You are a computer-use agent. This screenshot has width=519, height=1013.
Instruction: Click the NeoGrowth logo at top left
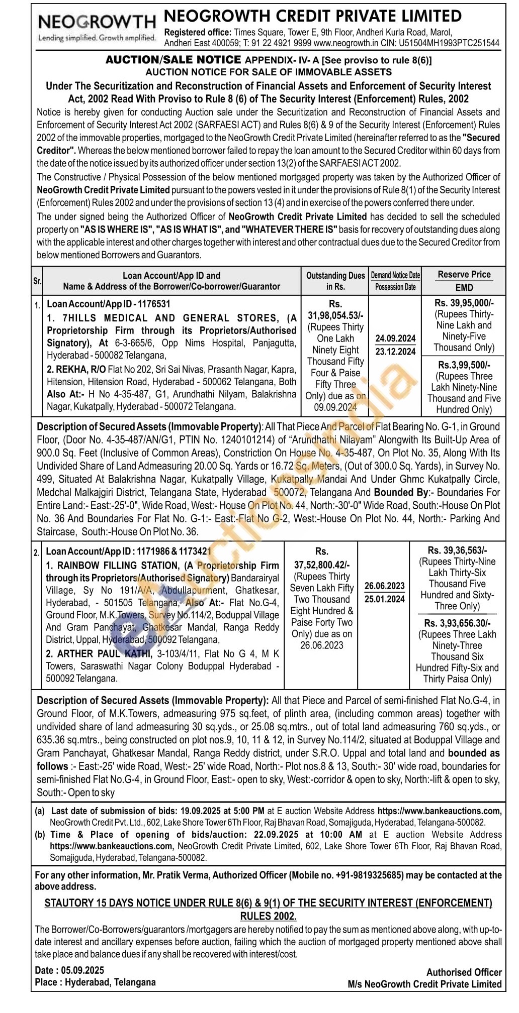pyautogui.click(x=97, y=26)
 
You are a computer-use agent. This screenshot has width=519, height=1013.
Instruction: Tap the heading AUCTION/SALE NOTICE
pyautogui.click(x=173, y=60)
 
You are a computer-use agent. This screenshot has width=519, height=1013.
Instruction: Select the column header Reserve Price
pyautogui.click(x=464, y=274)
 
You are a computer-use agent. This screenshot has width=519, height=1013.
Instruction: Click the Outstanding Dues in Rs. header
pyautogui.click(x=335, y=281)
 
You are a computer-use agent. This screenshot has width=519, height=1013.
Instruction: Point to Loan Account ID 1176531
pyautogui.click(x=109, y=304)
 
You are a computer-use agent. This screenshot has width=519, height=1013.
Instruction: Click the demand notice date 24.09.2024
pyautogui.click(x=395, y=338)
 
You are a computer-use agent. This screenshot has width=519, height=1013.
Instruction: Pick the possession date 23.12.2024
pyautogui.click(x=395, y=351)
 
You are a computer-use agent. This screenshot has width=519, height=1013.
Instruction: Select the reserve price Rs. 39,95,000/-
pyautogui.click(x=464, y=303)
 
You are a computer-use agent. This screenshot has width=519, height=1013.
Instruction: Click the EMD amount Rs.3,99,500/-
pyautogui.click(x=464, y=365)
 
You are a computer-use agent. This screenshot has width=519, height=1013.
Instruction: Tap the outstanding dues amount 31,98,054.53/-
pyautogui.click(x=335, y=315)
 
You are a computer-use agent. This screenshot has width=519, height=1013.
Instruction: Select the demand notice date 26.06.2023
pyautogui.click(x=385, y=586)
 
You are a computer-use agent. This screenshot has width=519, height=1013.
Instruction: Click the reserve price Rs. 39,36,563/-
pyautogui.click(x=457, y=550)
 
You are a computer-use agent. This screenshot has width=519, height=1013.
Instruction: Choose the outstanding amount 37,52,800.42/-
pyautogui.click(x=322, y=565)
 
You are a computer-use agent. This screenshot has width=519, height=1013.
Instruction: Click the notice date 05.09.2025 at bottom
pyautogui.click(x=82, y=970)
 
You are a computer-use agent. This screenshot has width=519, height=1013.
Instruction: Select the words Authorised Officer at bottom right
pyautogui.click(x=464, y=972)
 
